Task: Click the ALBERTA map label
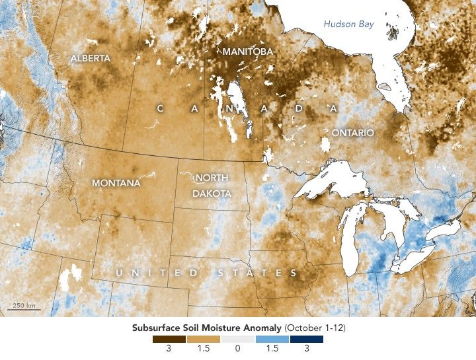[x=91, y=58]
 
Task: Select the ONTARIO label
[x=352, y=133]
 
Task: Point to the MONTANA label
[x=116, y=182]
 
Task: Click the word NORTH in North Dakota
[x=212, y=179]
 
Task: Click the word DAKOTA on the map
[x=212, y=194]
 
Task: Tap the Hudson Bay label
[x=348, y=24]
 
